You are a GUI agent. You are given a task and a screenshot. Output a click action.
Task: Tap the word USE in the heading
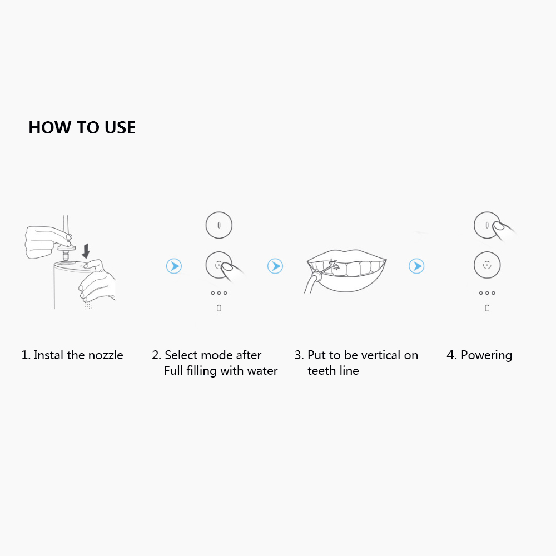click(120, 127)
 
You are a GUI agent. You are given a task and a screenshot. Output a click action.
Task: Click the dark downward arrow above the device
click(86, 251)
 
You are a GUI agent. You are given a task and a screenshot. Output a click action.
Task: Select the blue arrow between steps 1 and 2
click(174, 266)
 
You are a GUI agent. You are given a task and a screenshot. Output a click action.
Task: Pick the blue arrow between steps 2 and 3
click(275, 266)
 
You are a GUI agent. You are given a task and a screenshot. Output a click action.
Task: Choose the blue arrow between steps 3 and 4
click(416, 266)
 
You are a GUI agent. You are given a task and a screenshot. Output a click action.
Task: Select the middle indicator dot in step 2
click(219, 293)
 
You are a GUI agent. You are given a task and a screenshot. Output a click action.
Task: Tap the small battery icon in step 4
click(487, 308)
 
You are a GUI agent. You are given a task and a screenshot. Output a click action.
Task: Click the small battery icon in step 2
click(219, 308)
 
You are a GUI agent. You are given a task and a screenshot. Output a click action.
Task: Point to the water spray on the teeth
click(334, 265)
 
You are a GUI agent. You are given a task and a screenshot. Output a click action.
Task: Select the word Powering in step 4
click(487, 355)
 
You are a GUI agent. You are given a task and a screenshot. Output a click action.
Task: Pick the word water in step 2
click(262, 371)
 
